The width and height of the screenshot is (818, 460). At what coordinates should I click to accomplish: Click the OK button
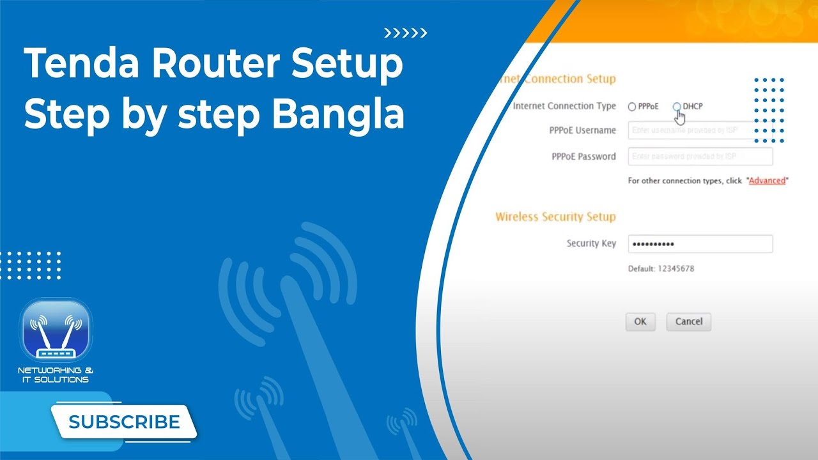coord(640,321)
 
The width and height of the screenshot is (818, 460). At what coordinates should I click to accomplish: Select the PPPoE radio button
coord(632,107)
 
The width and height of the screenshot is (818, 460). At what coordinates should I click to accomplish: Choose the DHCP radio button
coord(677,106)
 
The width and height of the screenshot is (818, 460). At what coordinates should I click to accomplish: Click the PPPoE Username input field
coord(700,130)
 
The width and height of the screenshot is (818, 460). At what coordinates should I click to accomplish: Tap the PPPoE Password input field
coord(700,157)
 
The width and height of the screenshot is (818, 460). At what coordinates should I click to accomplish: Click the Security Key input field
coord(700,244)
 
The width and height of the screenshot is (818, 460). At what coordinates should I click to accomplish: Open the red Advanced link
coord(767,181)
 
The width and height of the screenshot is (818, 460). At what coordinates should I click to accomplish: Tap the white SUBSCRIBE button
coord(124,422)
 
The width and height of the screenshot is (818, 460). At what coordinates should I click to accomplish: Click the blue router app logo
coord(56,331)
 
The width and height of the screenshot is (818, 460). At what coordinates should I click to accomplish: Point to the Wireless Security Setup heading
coord(555,217)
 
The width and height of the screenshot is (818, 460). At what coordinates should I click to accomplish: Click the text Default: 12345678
coord(661,269)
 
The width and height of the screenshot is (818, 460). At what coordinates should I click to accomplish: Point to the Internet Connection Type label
coord(564,106)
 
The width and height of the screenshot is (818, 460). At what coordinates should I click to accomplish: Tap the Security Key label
coord(591,243)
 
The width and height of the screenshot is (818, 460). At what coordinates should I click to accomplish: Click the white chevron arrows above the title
coord(405,33)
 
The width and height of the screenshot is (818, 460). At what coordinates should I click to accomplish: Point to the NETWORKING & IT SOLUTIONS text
coord(56,375)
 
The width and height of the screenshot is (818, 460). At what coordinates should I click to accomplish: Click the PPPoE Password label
coord(583,157)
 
